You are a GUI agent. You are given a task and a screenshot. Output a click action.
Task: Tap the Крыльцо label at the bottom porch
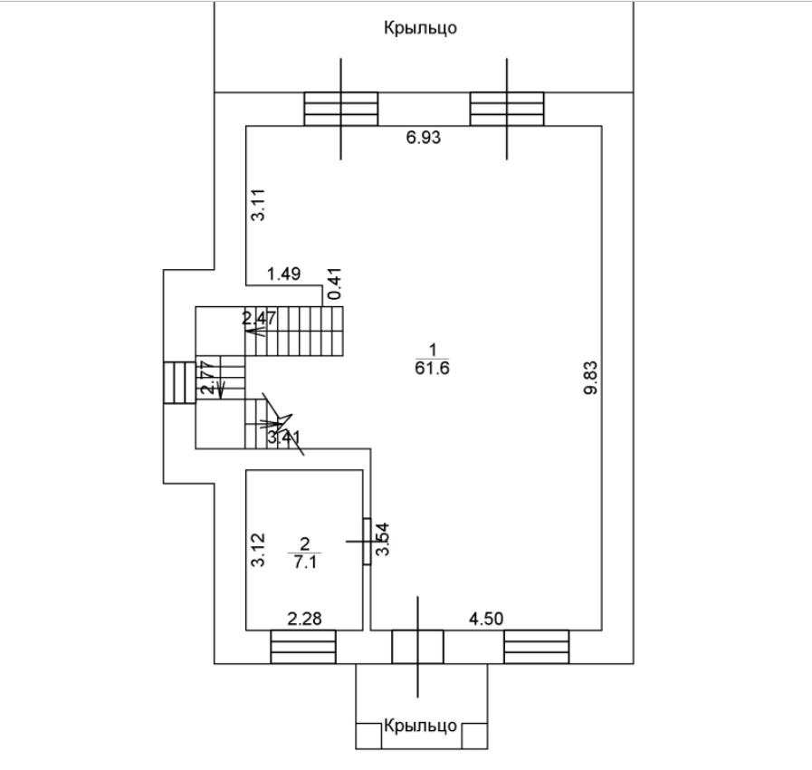pyautogui.click(x=420, y=727)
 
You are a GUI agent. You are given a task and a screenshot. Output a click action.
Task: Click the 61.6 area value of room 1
pyautogui.click(x=432, y=368)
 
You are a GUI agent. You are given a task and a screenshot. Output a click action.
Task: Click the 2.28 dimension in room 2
pyautogui.click(x=304, y=619)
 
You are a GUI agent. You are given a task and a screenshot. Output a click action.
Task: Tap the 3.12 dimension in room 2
pyautogui.click(x=257, y=550)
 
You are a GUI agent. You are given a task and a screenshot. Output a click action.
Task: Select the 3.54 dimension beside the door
pyautogui.click(x=384, y=539)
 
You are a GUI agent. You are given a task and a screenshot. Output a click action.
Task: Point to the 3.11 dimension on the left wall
pyautogui.click(x=257, y=207)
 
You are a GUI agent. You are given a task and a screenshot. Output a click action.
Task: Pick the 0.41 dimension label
pyautogui.click(x=333, y=285)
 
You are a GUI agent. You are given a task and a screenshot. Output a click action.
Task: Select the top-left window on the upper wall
pyautogui.click(x=340, y=109)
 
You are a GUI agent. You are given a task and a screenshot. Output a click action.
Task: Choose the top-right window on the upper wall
pyautogui.click(x=507, y=109)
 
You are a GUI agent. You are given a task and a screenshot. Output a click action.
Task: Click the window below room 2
pyautogui.click(x=303, y=647)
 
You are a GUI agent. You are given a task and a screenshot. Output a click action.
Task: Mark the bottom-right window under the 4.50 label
pyautogui.click(x=537, y=647)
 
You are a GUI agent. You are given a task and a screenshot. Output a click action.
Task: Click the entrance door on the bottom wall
pyautogui.click(x=417, y=647)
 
